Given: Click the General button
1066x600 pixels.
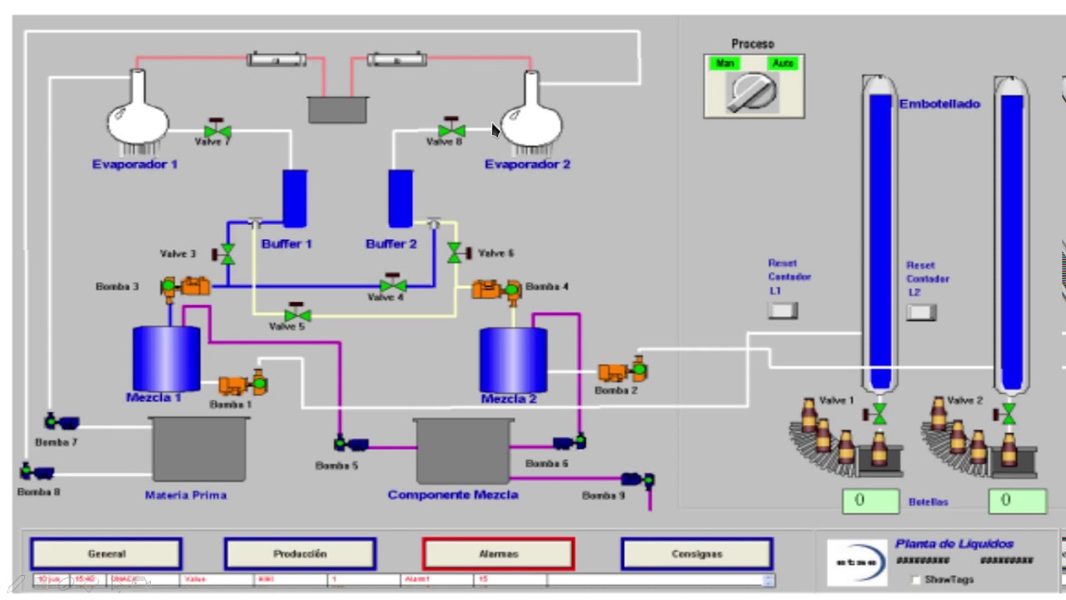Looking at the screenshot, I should coord(106,554).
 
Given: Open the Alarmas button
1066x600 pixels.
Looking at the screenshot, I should coord(498,554).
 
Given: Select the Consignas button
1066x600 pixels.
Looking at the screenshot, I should coord(697,554).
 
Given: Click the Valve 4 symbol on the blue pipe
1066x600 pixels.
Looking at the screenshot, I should coord(393,284).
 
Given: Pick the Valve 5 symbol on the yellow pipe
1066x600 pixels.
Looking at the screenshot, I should coord(297,315).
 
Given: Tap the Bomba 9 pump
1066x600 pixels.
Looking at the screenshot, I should coord(638,480).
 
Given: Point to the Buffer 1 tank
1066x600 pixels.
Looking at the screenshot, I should coord(294,198).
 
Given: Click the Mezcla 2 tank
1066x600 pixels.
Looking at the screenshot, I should coord(513,360).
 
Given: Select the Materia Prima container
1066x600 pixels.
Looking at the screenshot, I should coord(200,449).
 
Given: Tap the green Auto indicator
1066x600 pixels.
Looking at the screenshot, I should coord(783,63).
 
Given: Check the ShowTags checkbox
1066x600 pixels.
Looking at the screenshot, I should coord(917,579).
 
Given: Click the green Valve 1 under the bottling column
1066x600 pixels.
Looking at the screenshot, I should coord(879,413).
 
